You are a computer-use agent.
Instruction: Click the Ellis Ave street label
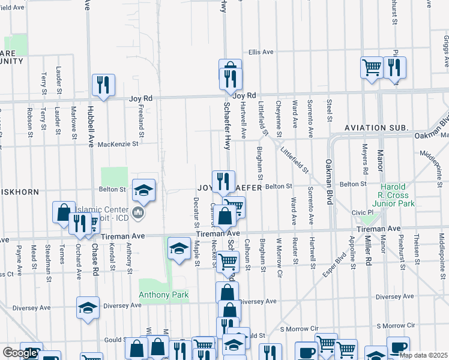[x=261, y=52]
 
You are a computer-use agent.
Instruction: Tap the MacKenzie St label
[x=118, y=144]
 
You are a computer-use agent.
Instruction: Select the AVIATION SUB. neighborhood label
[x=376, y=128]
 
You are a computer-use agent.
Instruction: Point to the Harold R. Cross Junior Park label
[x=393, y=195]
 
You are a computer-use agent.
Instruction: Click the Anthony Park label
[x=164, y=295]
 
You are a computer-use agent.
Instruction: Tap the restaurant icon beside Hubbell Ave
[x=103, y=85]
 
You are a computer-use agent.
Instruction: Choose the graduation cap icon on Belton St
[x=143, y=190]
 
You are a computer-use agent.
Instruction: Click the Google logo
[x=20, y=353]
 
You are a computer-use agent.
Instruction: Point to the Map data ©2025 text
[x=423, y=355]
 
